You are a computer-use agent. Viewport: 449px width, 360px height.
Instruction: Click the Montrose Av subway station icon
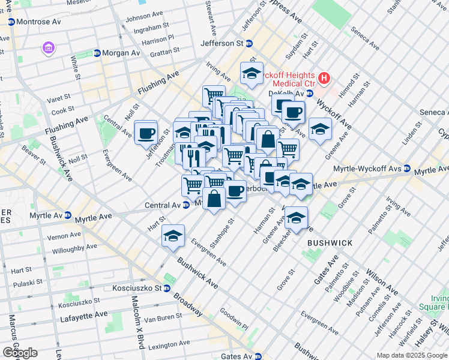(11, 21)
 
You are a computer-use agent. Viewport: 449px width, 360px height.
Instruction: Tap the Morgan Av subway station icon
(97, 53)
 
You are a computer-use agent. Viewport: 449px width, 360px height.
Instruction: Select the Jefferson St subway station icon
(249, 43)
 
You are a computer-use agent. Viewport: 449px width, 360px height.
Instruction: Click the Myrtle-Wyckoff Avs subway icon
(407, 169)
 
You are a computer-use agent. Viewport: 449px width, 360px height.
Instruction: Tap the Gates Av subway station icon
(258, 356)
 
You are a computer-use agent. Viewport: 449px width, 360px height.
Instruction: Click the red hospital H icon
(324, 77)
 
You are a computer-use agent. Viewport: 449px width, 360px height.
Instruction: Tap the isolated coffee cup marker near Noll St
(145, 133)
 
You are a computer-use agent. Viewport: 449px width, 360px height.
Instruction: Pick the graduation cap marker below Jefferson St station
(252, 74)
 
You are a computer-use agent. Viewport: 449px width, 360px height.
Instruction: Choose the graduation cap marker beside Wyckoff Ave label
(320, 129)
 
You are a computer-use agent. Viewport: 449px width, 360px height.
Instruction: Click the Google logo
(19, 352)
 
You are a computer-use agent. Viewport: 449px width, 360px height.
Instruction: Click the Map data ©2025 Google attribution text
(412, 355)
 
